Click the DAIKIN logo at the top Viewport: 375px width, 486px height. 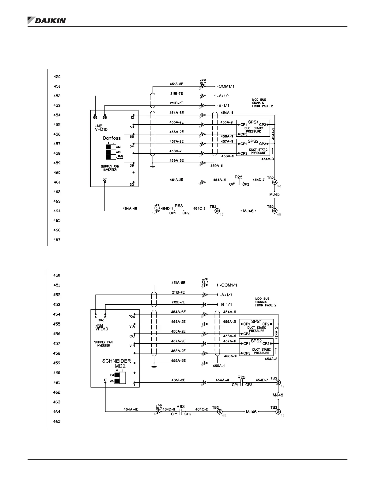coord(47,20)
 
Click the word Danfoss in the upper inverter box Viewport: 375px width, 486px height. coord(112,138)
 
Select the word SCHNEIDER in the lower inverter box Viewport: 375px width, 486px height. coord(116,361)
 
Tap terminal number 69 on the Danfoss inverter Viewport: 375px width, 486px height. coord(95,118)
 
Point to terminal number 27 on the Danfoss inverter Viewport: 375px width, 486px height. coord(105,180)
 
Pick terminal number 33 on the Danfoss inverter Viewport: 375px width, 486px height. coord(132,185)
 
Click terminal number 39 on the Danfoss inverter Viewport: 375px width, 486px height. coord(132,166)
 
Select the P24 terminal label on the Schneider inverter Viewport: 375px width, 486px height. coord(131,317)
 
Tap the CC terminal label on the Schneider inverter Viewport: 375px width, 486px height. coord(132,336)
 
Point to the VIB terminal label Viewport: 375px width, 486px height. coord(132,346)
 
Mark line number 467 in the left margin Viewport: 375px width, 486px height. coord(57,240)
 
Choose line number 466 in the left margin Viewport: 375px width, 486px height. coord(57,230)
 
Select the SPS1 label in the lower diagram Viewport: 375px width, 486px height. coord(256,321)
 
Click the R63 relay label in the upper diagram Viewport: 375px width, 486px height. coord(179,206)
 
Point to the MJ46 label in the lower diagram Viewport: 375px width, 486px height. coord(251,412)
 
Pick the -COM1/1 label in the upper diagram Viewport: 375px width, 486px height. coord(226,87)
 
